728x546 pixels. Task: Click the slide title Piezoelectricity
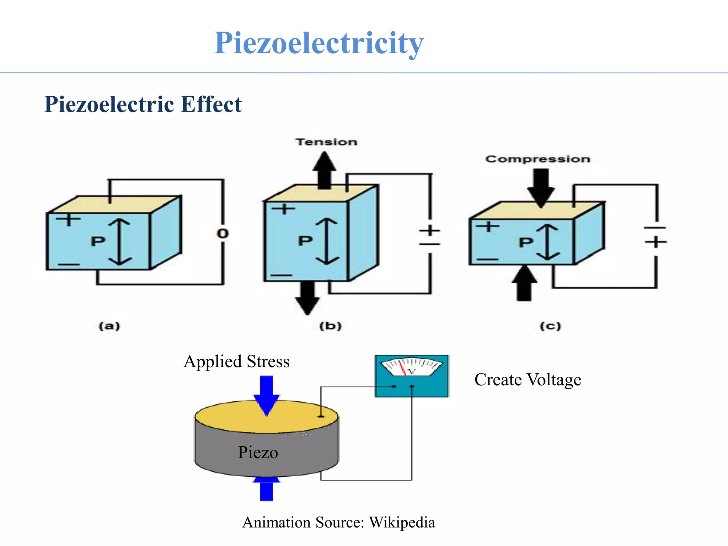318,43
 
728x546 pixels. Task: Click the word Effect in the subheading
211,105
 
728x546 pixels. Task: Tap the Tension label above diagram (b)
326,142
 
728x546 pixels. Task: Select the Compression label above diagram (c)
537,159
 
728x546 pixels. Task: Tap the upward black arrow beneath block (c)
524,284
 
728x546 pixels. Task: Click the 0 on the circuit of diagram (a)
223,234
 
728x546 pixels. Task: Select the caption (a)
109,326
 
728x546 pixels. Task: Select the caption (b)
330,326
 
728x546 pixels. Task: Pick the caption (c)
550,326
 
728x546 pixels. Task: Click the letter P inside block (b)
305,241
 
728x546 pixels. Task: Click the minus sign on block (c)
487,259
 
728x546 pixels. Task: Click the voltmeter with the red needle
412,376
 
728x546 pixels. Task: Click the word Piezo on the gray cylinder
258,453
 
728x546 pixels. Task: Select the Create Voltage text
528,380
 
